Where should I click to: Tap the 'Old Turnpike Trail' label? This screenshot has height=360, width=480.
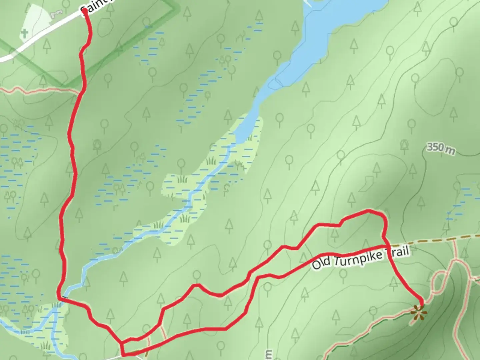coord(360,258)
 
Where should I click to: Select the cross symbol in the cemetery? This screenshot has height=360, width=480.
coord(24,33)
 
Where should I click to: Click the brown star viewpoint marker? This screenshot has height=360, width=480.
coord(419,313)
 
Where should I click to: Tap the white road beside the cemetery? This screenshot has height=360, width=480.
coord(40,37)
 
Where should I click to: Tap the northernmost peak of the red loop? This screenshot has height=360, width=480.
coord(368,211)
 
